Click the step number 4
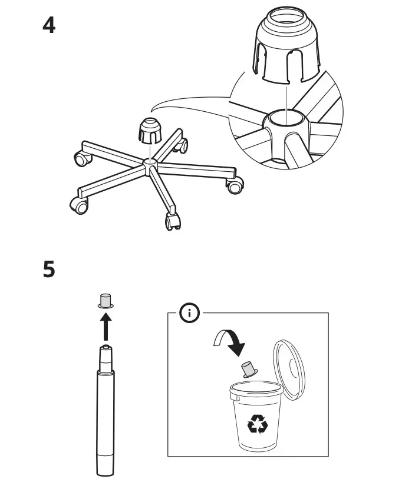(x=50, y=25)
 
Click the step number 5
(x=50, y=270)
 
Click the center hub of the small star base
(x=150, y=165)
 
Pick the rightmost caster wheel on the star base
(x=235, y=187)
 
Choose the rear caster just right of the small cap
(x=183, y=145)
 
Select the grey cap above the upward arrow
(x=106, y=301)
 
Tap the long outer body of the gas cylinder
(x=106, y=418)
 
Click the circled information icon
(x=190, y=313)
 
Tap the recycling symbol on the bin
(x=256, y=423)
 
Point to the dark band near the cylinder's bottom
(x=106, y=458)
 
